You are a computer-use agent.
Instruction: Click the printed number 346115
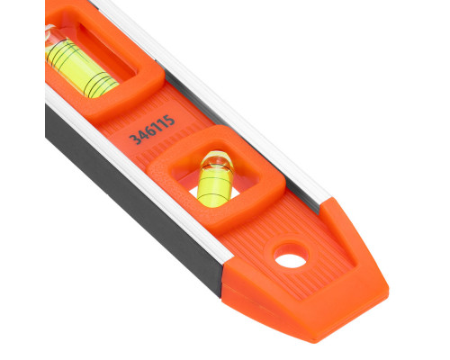pos(152,130)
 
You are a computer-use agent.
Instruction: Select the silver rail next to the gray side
pos(141,171)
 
